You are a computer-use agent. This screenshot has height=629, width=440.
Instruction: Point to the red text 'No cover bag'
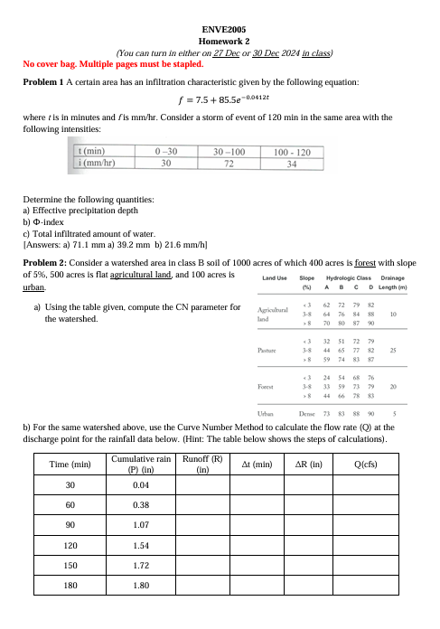click(49, 64)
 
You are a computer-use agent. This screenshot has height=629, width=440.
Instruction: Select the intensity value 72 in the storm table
click(229, 164)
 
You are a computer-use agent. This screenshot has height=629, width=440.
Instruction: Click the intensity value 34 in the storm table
click(291, 164)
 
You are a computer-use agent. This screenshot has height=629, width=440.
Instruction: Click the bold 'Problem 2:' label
click(48, 261)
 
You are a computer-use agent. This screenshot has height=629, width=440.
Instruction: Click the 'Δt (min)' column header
click(257, 465)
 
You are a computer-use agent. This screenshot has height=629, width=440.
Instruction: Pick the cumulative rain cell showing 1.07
click(139, 524)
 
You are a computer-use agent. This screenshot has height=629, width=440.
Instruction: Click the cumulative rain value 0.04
click(139, 484)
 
